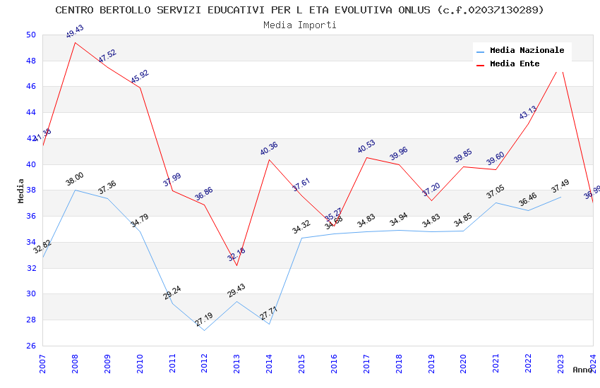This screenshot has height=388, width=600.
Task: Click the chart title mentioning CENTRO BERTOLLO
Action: pyautogui.click(x=299, y=10)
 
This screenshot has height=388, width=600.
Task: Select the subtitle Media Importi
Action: pyautogui.click(x=299, y=25)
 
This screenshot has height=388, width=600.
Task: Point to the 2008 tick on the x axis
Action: pyautogui.click(x=75, y=364)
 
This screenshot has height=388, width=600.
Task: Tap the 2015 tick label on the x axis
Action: pyautogui.click(x=301, y=364)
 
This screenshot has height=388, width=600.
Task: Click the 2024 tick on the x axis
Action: pyautogui.click(x=593, y=364)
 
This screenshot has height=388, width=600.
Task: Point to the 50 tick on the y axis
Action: pyautogui.click(x=30, y=35)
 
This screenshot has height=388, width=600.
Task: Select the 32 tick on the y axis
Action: pyautogui.click(x=30, y=268)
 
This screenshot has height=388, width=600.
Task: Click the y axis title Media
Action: pyautogui.click(x=21, y=190)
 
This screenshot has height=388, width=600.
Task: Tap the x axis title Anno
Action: pyautogui.click(x=582, y=370)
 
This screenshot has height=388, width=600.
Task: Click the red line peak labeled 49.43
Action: pyautogui.click(x=75, y=42)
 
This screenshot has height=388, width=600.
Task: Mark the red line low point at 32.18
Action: pyautogui.click(x=236, y=265)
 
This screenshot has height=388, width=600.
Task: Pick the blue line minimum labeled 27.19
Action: pyautogui.click(x=204, y=330)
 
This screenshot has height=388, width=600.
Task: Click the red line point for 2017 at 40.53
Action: pyautogui.click(x=366, y=157)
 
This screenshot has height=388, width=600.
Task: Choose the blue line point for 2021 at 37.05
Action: pyautogui.click(x=496, y=202)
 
